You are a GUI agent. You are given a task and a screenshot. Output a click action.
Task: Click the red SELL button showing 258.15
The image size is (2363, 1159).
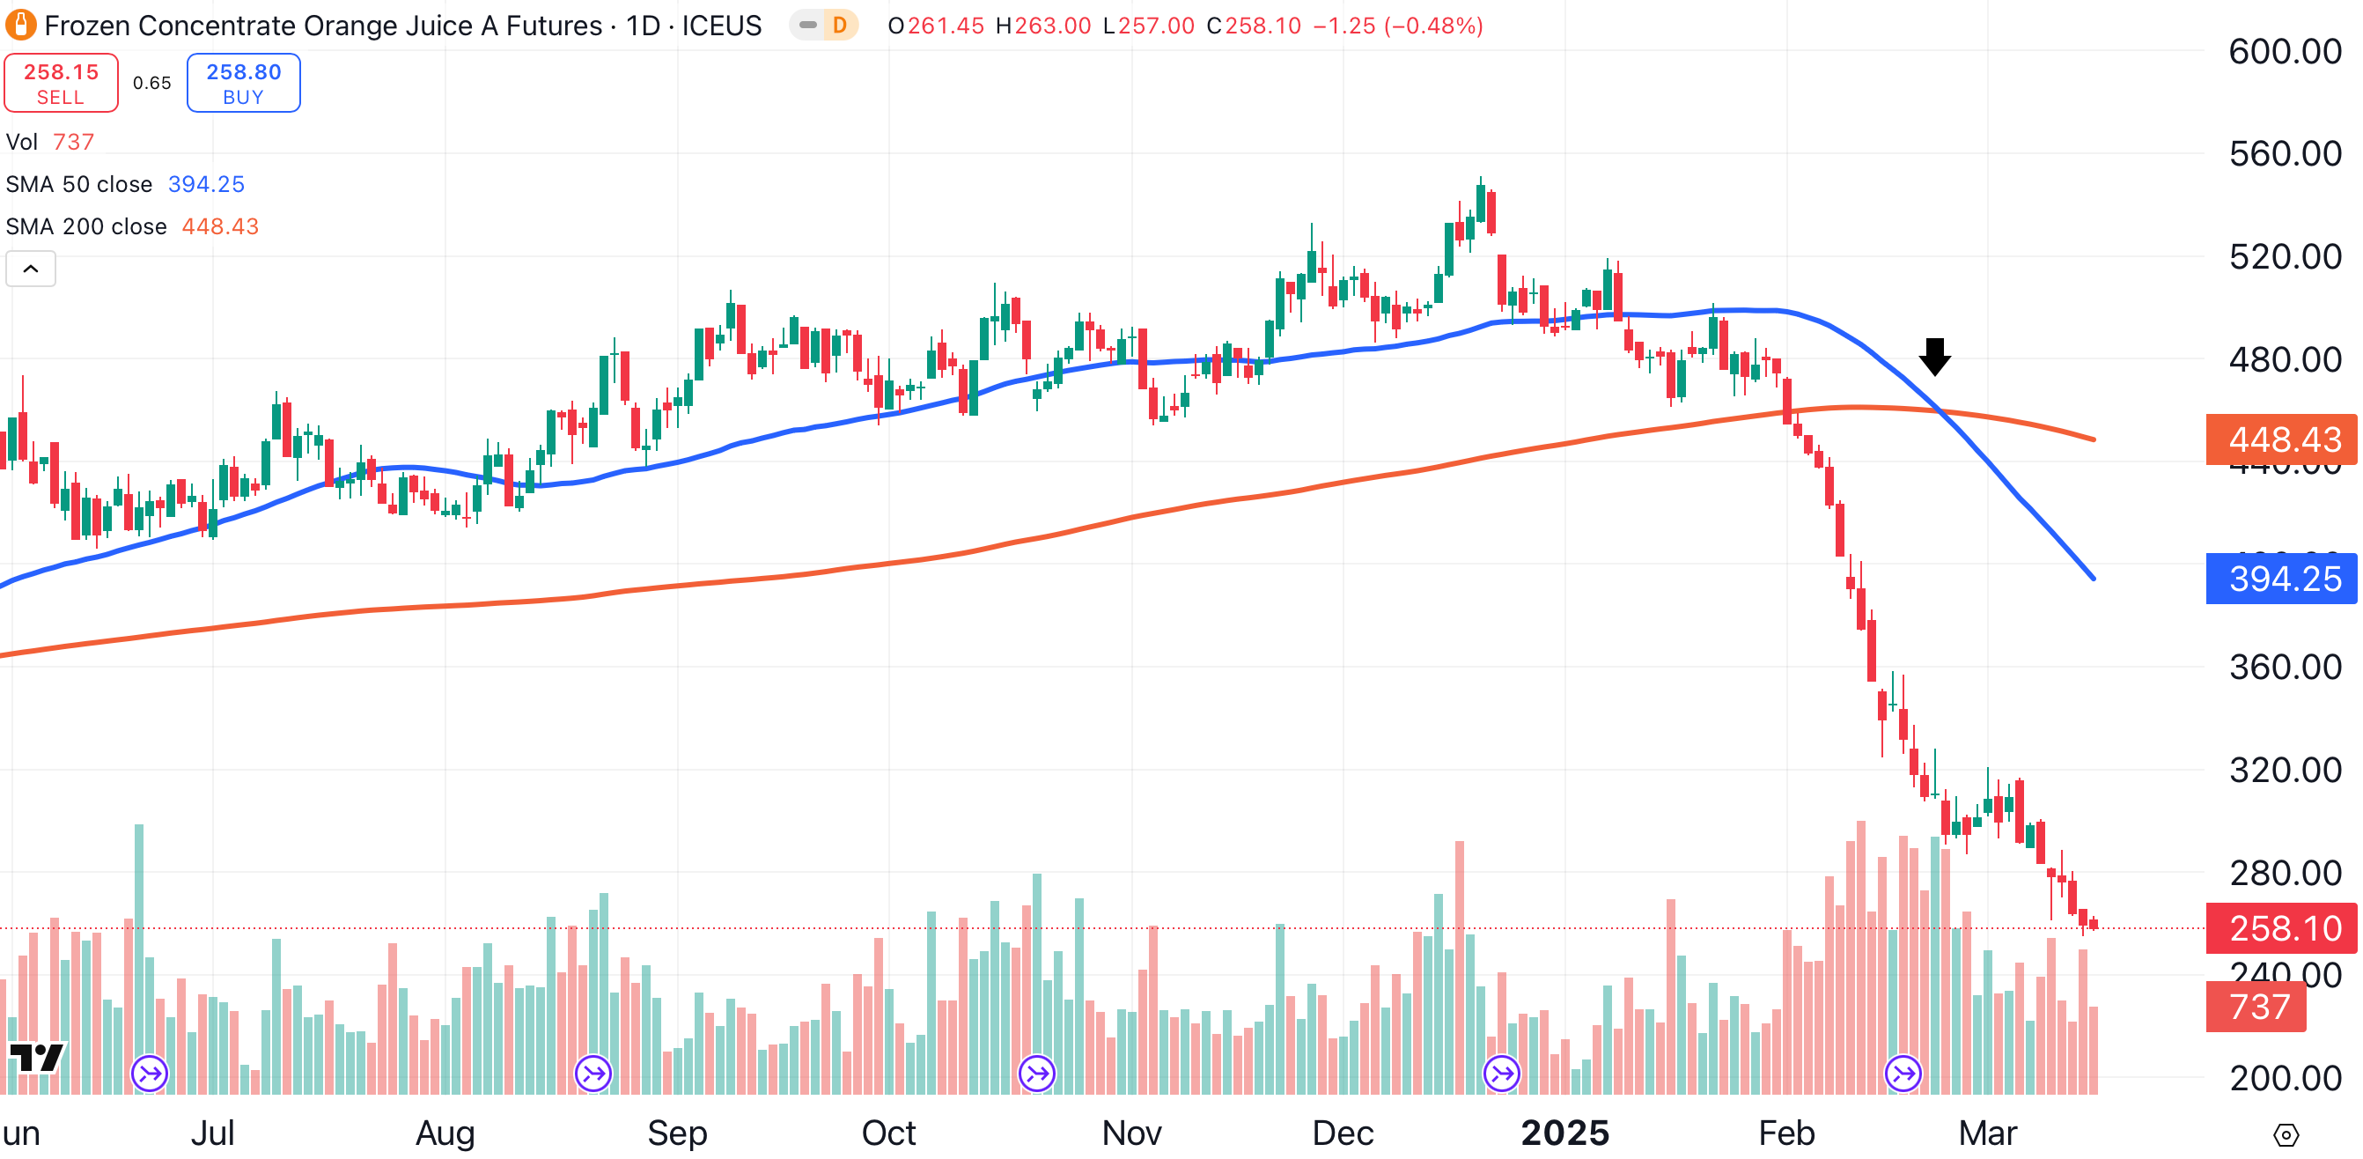[61, 83]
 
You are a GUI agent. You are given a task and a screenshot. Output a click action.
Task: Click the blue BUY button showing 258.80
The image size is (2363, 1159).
[243, 83]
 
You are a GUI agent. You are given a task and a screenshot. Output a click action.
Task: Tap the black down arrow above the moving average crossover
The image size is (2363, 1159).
[1934, 356]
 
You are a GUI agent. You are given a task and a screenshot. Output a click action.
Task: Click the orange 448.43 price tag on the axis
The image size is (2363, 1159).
[2282, 439]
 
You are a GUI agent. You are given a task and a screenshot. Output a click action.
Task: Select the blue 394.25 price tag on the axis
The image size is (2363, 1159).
[2282, 578]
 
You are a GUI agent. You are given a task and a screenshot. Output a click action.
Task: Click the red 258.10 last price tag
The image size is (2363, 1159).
[2282, 927]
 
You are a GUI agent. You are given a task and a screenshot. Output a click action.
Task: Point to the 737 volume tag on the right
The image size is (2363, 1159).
[2256, 1007]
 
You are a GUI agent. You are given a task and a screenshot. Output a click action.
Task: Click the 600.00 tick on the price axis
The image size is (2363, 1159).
[2284, 51]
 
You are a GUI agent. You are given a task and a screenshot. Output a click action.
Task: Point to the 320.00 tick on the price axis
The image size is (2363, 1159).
[2284, 769]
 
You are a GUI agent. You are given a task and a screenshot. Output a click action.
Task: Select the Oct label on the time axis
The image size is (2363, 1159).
[888, 1133]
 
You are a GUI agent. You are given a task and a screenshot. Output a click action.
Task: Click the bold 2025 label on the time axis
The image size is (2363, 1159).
[1565, 1133]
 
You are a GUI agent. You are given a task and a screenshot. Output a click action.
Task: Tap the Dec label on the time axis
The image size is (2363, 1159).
[1342, 1133]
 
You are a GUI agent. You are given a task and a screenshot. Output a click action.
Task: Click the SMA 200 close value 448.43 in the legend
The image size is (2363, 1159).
[220, 226]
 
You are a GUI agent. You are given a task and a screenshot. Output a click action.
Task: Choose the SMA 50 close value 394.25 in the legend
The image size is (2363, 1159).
[206, 184]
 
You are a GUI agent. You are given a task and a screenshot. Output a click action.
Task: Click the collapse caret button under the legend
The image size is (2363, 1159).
[30, 269]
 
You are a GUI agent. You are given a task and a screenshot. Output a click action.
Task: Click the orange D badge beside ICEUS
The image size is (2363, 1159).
[839, 25]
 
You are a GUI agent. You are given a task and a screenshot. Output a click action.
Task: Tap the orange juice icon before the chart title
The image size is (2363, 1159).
[20, 25]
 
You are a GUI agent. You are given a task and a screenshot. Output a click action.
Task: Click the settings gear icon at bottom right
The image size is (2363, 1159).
[2286, 1135]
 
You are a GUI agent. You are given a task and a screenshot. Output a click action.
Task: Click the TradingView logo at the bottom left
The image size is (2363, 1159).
[37, 1057]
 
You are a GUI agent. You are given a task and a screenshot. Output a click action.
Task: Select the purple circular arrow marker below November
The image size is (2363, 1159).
[1036, 1073]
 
